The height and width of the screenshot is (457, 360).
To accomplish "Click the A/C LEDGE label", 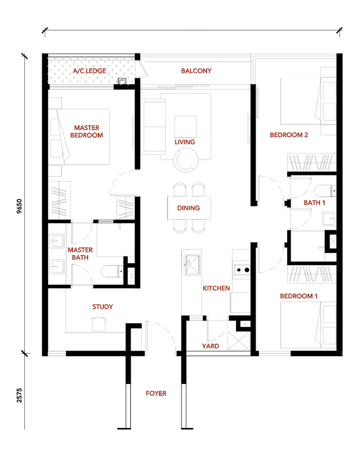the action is [x=89, y=71].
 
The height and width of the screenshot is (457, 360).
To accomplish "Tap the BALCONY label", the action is [x=196, y=71].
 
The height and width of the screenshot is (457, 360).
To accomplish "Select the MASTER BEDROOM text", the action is [x=87, y=132].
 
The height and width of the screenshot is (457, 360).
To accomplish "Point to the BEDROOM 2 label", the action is [x=289, y=135].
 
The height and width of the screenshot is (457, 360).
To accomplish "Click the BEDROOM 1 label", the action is [x=299, y=296].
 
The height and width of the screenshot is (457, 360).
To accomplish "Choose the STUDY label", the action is [x=102, y=307].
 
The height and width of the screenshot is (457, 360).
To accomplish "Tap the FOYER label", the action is [x=156, y=394].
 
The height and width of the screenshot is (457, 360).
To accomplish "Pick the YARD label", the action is [x=210, y=346].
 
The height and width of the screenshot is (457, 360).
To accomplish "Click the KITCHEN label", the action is [x=216, y=288].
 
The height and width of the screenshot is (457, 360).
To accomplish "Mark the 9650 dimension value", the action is [x=19, y=206].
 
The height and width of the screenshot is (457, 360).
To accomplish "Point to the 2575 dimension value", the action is [x=19, y=395].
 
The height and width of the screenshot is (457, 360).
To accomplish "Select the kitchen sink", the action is [x=192, y=264].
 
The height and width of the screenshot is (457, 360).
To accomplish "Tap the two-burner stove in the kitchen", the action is [x=242, y=270].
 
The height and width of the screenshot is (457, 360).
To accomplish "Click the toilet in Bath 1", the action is [x=325, y=190].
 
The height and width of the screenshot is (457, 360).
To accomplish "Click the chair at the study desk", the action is [x=99, y=324].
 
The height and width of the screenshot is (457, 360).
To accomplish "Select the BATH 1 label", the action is [x=314, y=203].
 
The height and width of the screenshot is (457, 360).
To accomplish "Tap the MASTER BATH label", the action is [x=80, y=253].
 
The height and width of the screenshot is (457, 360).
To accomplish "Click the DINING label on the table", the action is [x=188, y=208].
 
